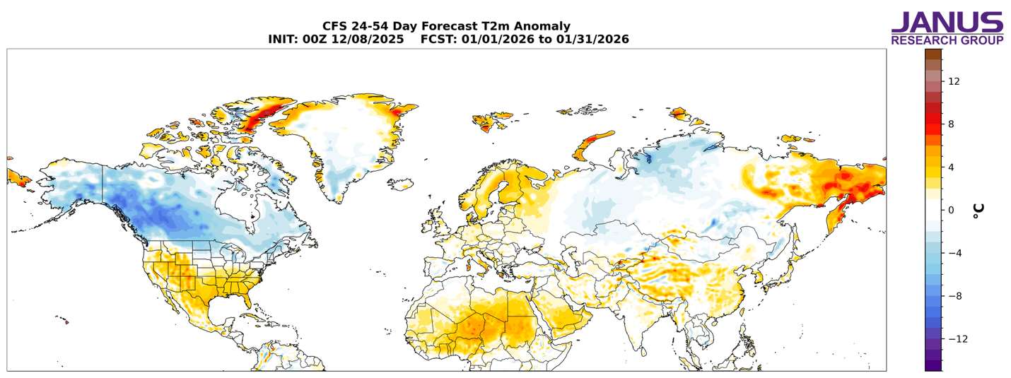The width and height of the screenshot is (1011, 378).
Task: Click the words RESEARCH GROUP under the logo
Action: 947,41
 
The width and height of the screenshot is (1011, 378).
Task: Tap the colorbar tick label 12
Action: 954,81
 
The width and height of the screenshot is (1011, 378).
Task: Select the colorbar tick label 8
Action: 951,124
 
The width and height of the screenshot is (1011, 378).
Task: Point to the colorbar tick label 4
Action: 951,167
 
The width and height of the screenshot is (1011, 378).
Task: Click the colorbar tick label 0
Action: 951,210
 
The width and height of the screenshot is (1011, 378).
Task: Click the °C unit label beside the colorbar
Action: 978,210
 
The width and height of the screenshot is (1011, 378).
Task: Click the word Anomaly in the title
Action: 541,27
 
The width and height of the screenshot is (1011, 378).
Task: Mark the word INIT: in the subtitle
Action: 284,40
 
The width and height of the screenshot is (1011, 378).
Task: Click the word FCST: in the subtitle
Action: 438,40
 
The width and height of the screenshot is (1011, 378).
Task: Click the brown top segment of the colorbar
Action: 933,54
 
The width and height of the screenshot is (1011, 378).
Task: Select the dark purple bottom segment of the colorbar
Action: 933,365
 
